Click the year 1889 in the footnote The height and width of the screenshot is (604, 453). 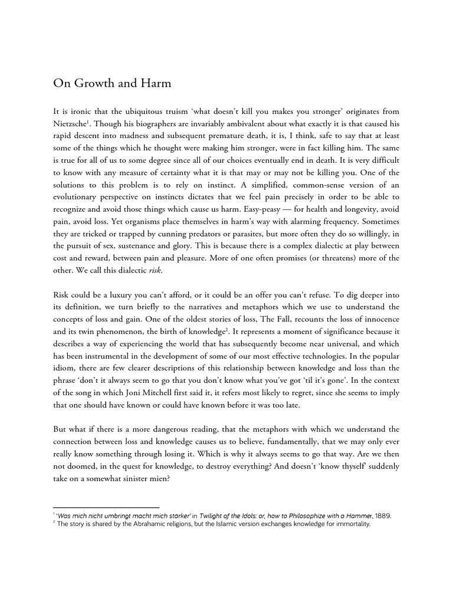[x=382, y=515]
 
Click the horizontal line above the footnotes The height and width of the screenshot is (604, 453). [x=106, y=507]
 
